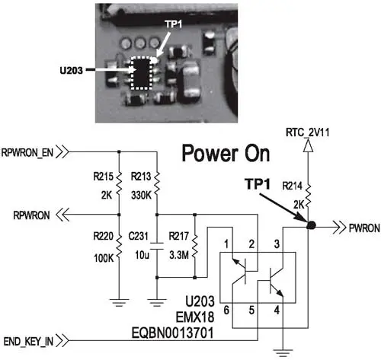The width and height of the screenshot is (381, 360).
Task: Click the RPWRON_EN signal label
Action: click(27, 153)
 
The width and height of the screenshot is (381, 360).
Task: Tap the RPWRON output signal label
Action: click(31, 215)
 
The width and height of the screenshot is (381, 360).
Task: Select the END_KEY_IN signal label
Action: click(28, 342)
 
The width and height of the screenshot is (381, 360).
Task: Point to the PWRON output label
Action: click(364, 228)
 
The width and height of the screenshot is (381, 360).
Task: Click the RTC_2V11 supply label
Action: click(307, 132)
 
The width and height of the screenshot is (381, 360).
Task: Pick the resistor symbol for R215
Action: click(119, 183)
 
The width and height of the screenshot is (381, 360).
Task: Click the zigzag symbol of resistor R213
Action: click(157, 183)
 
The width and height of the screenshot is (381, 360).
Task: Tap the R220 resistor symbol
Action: click(119, 246)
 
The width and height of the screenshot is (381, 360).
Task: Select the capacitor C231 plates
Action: click(157, 246)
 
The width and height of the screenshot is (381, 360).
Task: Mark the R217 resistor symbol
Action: click(195, 246)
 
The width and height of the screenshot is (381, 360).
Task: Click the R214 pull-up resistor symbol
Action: click(308, 196)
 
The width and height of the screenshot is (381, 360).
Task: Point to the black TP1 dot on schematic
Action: click(311, 225)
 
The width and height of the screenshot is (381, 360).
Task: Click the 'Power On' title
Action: click(226, 153)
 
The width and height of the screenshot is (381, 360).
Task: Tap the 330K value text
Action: click(141, 196)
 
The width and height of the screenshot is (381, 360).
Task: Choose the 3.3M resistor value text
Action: click(179, 255)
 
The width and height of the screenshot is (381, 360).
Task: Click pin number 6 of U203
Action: click(226, 310)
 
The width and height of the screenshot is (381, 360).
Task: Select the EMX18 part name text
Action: click(195, 317)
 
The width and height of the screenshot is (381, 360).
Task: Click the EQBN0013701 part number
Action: click(172, 333)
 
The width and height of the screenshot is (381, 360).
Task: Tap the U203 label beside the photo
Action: click(72, 70)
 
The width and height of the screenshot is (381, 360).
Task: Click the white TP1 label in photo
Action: click(174, 24)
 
